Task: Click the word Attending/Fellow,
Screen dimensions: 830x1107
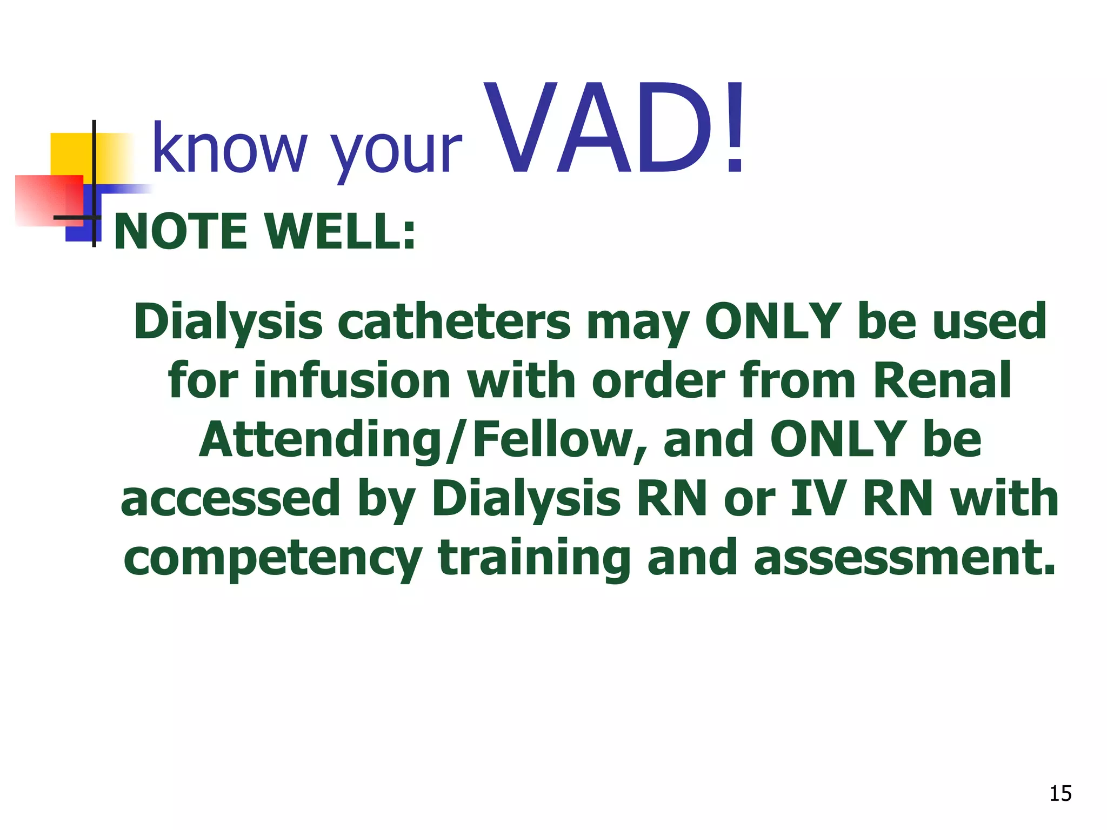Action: pyautogui.click(x=416, y=440)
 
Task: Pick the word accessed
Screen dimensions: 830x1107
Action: pyautogui.click(x=230, y=498)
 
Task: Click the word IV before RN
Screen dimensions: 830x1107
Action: pyautogui.click(x=817, y=498)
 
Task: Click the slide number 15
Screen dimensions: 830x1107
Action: pyautogui.click(x=1060, y=794)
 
